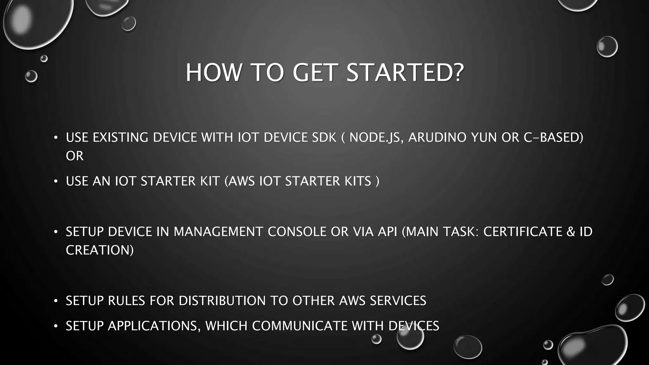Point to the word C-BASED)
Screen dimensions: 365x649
[553, 138]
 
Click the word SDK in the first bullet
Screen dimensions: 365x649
[324, 138]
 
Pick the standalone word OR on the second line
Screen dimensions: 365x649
[75, 156]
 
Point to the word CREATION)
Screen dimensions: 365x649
[100, 250]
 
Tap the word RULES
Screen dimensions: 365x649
[126, 301]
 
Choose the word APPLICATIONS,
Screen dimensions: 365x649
[154, 326]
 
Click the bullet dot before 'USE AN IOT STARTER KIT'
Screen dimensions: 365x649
[56, 182]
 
